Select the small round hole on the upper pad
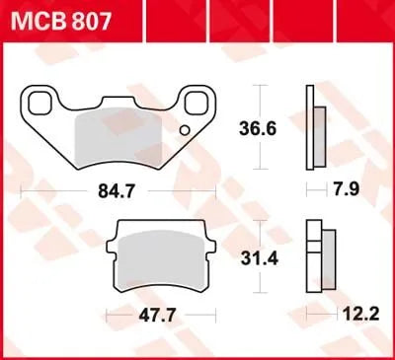pos(183,130)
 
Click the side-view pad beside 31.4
pos(315,258)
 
